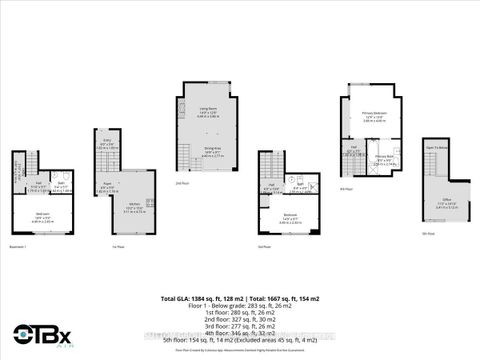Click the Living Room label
pos(209,109)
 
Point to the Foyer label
pos(107,187)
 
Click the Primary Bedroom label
pos(375,115)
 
